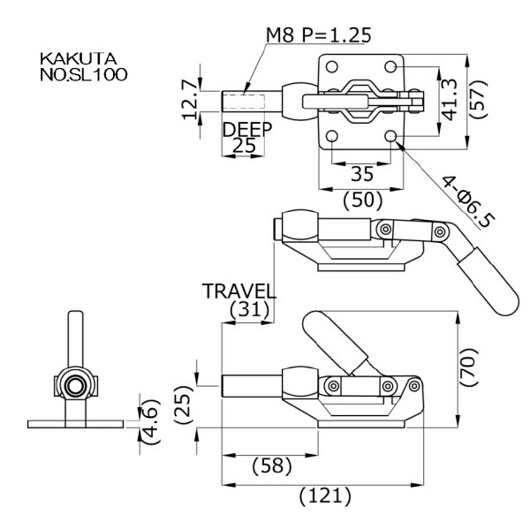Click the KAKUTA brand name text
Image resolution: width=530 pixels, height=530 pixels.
point(79,59)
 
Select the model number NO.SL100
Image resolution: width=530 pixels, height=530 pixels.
point(84,75)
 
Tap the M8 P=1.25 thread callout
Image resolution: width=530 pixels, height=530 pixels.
point(318,34)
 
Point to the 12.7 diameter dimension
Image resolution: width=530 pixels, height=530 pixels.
point(190,100)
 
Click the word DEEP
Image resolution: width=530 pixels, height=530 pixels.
point(247,129)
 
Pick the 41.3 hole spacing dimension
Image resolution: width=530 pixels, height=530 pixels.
point(450,100)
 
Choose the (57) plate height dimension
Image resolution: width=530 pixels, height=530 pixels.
point(479,99)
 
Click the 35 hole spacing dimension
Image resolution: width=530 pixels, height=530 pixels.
point(362,174)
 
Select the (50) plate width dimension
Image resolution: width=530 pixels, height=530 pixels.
point(363,201)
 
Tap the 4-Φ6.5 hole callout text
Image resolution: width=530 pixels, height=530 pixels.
point(469,201)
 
